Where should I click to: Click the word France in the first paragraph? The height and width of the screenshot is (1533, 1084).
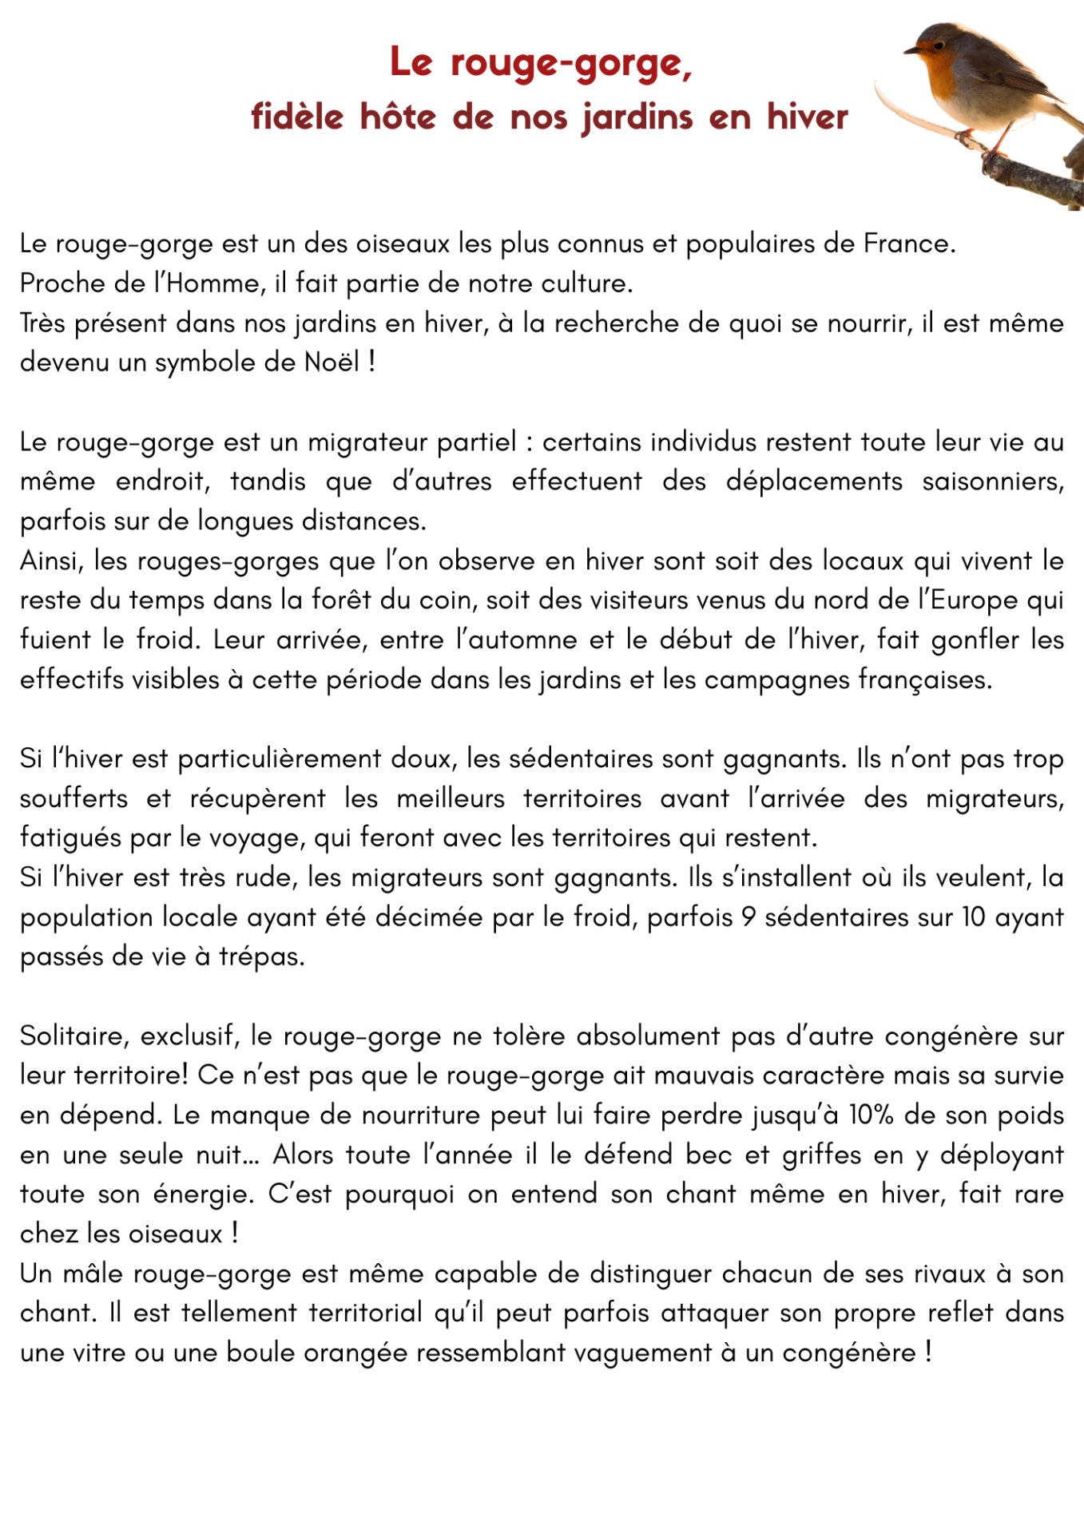point(909,244)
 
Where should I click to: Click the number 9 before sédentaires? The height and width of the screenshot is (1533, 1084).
point(748,917)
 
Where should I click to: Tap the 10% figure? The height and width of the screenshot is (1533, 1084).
point(871,1115)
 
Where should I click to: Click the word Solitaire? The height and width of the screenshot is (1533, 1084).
point(73,1036)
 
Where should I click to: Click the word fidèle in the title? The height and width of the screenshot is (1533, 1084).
point(297,117)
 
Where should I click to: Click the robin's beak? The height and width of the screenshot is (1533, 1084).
point(911,52)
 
